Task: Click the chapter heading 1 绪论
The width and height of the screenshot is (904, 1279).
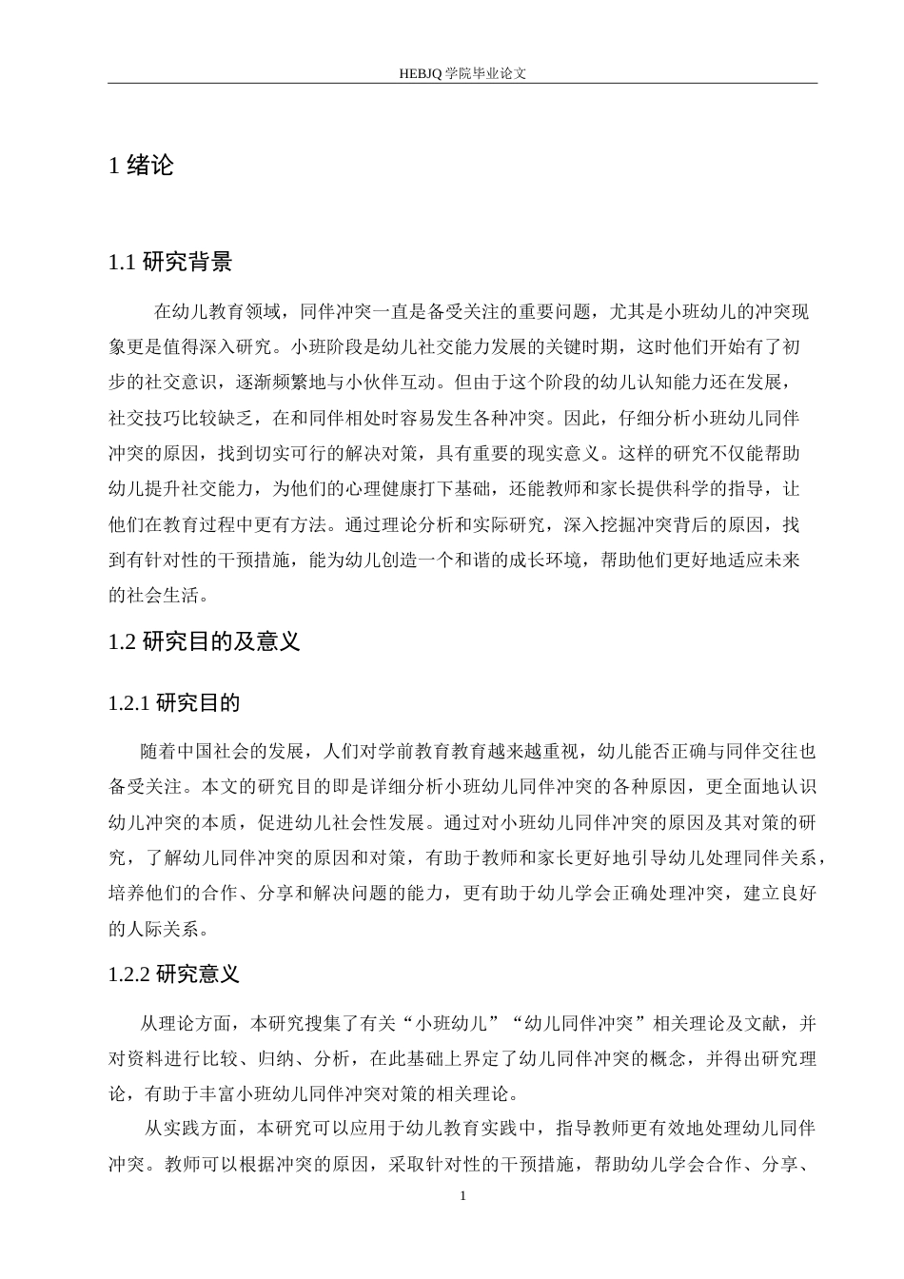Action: pos(142,166)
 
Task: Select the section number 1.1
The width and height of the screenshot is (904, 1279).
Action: pos(123,263)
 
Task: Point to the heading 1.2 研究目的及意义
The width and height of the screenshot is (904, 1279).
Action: pos(205,641)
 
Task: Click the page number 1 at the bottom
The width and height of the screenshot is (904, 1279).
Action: pos(462,1195)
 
